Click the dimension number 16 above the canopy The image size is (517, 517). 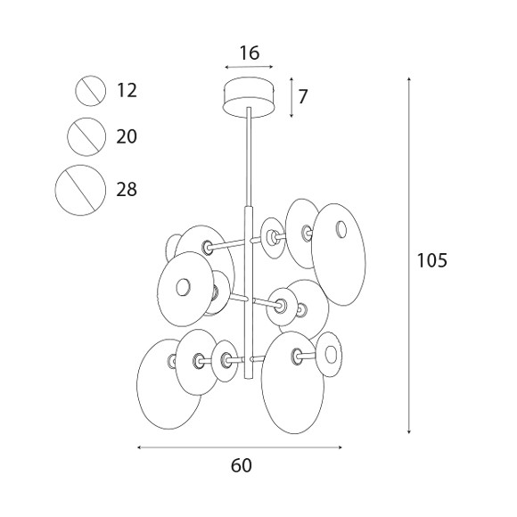250,53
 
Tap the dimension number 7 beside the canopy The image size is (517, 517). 303,96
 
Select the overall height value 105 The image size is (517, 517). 432,260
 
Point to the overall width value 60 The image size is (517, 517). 241,465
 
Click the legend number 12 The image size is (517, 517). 127,90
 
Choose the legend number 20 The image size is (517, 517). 127,136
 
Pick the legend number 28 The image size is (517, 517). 127,190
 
